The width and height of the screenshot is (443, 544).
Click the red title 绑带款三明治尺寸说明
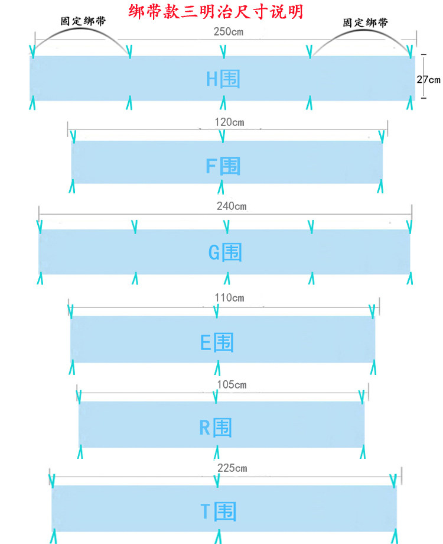point(216,11)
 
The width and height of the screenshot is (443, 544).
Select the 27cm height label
point(428,79)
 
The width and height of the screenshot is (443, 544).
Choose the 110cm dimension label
point(229,297)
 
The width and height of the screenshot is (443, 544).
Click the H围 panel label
point(223,79)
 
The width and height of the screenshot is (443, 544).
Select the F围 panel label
point(223,166)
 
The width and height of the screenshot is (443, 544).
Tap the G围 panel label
point(225,252)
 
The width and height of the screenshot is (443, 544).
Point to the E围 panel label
point(217,342)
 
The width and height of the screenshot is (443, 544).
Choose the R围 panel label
point(215,427)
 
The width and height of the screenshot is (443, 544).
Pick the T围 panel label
point(218,511)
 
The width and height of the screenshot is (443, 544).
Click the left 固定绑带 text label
point(83,21)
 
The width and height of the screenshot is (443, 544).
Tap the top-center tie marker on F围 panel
point(221,137)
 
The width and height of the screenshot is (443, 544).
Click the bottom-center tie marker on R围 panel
point(215,453)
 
